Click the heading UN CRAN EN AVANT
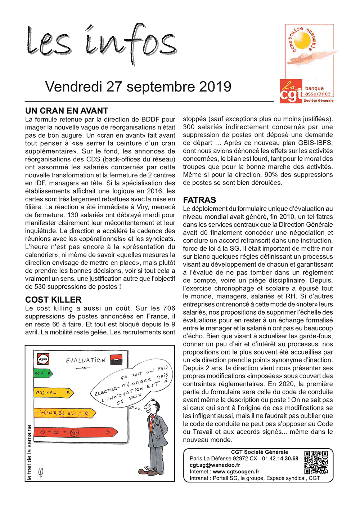point(67,111)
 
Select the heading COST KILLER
point(53,300)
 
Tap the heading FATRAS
point(199,200)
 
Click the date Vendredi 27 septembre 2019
point(138,87)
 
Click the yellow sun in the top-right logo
point(304,41)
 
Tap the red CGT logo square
point(291,92)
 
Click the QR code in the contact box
point(316,462)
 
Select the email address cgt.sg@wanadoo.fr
point(215,465)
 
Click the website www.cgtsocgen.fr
point(236,472)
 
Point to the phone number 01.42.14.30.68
point(280,459)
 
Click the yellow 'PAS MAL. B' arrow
point(54,393)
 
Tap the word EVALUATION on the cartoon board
point(86,360)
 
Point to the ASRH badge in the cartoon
point(43,359)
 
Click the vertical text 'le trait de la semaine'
point(30,453)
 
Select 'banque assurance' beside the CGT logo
point(317,91)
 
